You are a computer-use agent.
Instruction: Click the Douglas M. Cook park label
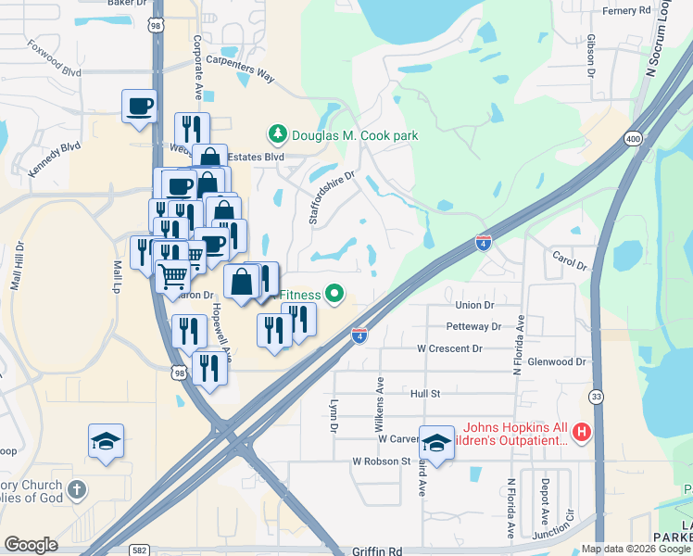[355, 135]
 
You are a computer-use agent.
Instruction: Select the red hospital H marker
[581, 431]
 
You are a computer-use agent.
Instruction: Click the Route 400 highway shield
[633, 138]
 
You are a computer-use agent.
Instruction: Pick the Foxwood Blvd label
[54, 58]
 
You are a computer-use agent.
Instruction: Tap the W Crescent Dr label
[449, 348]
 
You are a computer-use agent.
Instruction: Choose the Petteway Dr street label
[472, 326]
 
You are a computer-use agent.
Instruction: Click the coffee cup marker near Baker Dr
[139, 105]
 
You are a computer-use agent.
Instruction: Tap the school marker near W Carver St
[435, 441]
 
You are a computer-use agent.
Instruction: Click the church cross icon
[77, 489]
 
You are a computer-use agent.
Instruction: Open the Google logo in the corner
[31, 545]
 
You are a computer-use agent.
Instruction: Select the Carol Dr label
[570, 259]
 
